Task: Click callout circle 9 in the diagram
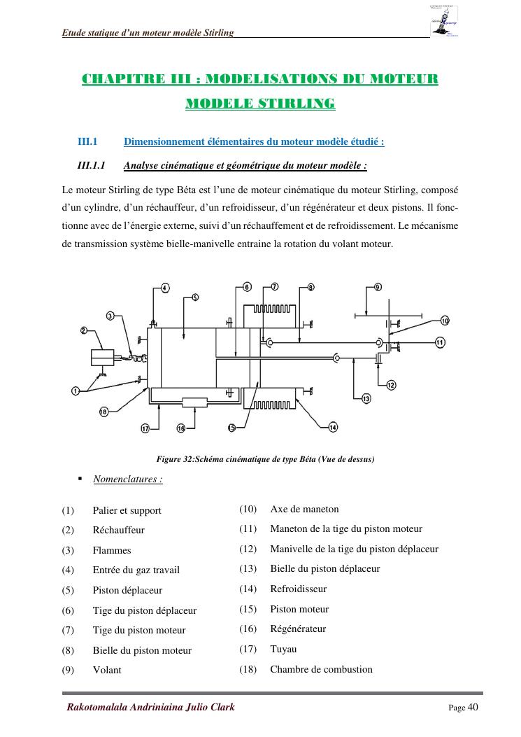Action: [x=378, y=287]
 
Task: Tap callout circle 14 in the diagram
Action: [x=333, y=427]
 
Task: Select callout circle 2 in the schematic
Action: [x=83, y=330]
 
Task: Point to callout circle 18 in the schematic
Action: [x=104, y=412]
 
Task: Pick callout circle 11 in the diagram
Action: [x=440, y=342]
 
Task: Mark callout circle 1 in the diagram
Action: [x=75, y=390]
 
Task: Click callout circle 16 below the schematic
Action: [x=180, y=428]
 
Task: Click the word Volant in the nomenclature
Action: [x=107, y=670]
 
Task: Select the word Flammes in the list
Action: [x=112, y=550]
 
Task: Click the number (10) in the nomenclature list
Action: [x=248, y=509]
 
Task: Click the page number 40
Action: [x=473, y=707]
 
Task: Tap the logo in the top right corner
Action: [x=444, y=22]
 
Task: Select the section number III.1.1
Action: [x=91, y=166]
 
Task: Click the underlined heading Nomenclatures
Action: [x=127, y=479]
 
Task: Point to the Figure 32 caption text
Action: [x=266, y=459]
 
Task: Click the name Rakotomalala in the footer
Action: [x=99, y=707]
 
